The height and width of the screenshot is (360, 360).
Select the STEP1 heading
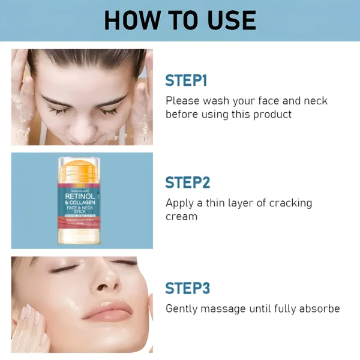[186, 80]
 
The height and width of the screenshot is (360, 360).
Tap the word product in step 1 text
[270, 114]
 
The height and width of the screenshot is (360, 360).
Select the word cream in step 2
[181, 216]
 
